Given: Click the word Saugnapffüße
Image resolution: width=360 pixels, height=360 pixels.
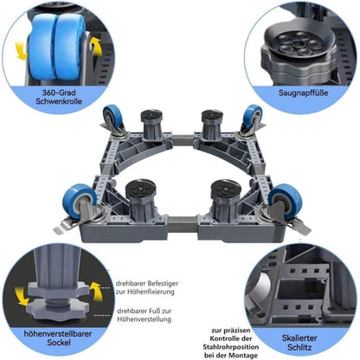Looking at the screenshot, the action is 303,93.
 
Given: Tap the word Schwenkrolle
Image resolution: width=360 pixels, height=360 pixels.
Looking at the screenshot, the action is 59,101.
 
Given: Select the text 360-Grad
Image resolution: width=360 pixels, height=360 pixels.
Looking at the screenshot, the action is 59,93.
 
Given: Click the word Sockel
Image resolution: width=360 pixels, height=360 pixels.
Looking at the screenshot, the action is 59,343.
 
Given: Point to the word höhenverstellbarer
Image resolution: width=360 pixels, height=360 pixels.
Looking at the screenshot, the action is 58,334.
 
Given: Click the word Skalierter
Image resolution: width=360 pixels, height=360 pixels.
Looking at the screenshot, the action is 299,337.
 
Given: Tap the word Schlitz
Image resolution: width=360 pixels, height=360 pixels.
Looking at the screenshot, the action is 299,347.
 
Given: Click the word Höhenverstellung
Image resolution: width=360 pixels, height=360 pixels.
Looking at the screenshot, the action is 145,319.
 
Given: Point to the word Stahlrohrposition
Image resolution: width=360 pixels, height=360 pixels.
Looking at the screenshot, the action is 230,347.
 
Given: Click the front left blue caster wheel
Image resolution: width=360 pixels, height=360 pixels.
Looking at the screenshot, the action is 79,201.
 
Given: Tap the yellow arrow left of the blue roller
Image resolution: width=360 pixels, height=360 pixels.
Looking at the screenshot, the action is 21,50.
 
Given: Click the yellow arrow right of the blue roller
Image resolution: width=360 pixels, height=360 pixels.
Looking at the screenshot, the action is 97,47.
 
